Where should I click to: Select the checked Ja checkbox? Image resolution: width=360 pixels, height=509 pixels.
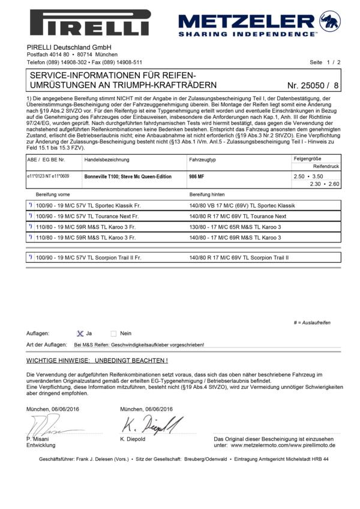tap(80, 333)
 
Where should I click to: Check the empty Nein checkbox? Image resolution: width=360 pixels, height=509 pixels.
tap(113, 333)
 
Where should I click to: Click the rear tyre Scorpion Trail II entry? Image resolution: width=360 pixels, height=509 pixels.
tap(238, 258)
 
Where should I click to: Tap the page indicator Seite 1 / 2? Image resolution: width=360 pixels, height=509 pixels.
tap(325, 62)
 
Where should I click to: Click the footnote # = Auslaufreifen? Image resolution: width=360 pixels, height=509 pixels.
tap(312, 322)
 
